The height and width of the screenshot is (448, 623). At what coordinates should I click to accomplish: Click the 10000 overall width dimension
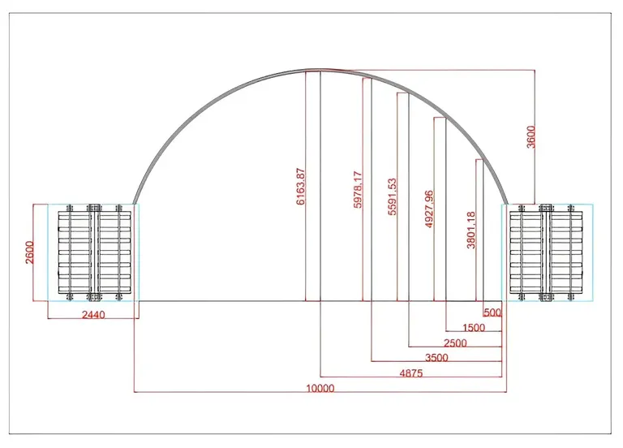[320, 388]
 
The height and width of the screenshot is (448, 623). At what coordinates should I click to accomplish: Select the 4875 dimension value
[411, 373]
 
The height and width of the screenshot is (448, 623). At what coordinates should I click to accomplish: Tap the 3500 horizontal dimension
[436, 357]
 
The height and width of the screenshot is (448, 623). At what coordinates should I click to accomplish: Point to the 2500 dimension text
[455, 342]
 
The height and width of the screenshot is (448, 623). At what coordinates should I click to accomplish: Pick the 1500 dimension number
[474, 328]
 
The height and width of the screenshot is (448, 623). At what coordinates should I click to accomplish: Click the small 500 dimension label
[492, 312]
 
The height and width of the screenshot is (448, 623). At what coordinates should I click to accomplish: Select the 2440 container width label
[93, 314]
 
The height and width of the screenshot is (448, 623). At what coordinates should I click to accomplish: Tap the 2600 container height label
[30, 252]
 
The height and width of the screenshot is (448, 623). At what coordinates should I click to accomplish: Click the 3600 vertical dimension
[531, 136]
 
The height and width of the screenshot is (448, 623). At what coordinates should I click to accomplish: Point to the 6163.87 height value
[301, 187]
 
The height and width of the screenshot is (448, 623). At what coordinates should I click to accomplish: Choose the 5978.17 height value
[358, 190]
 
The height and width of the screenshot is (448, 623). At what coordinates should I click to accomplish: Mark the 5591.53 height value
[392, 196]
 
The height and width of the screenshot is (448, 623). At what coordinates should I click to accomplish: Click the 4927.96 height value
[429, 209]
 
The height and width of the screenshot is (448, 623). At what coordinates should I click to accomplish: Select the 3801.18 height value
[470, 230]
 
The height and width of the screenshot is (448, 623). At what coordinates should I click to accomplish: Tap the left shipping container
[94, 252]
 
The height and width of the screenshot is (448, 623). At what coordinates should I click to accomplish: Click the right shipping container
[547, 252]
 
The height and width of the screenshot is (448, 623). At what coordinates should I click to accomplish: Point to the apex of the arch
[320, 70]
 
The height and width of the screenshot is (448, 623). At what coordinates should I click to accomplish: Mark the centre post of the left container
[94, 252]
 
